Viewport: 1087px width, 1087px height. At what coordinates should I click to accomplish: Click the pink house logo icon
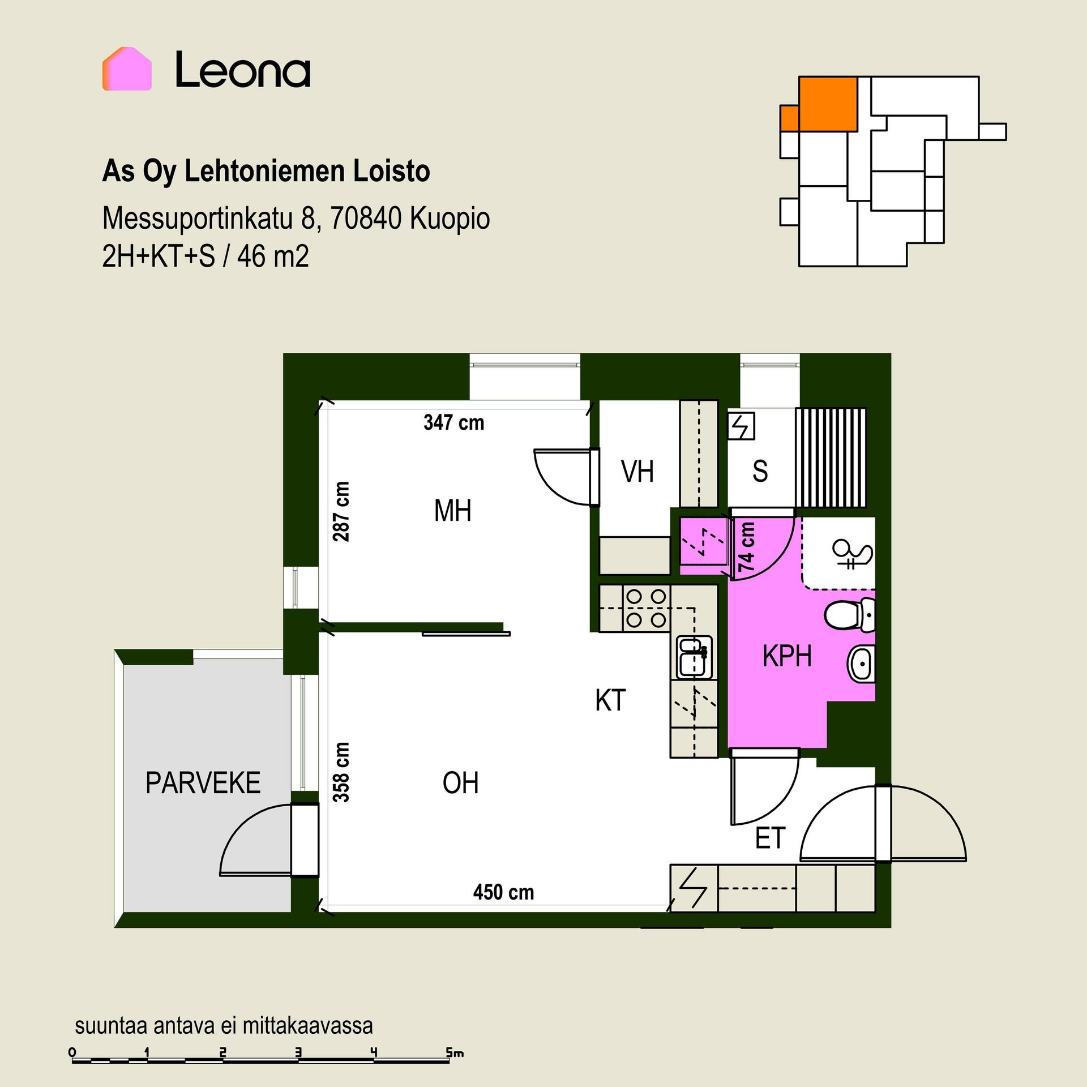127,69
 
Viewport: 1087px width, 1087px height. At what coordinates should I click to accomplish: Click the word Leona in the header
243,70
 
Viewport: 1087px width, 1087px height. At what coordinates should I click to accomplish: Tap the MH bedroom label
452,511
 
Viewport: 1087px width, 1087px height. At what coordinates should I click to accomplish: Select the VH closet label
637,472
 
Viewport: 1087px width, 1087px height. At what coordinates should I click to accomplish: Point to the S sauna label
760,471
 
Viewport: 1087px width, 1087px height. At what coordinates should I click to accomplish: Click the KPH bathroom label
787,656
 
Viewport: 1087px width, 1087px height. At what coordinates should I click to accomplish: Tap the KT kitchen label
610,700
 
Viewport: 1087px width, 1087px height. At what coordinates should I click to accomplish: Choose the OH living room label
460,783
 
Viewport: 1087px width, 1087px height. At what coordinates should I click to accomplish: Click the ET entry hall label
771,838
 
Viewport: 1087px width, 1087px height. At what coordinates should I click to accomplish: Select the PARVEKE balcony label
203,783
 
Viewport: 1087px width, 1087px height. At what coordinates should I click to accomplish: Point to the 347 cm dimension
454,422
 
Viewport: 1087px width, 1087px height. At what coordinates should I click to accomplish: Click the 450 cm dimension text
503,892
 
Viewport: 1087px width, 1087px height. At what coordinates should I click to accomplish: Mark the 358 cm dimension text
341,772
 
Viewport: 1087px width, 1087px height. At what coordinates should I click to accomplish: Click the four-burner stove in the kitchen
646,609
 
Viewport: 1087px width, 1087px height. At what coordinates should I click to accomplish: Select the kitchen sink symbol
695,657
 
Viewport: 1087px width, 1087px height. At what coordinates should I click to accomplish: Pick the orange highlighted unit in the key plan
819,105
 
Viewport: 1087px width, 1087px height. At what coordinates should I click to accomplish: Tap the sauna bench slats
831,457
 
